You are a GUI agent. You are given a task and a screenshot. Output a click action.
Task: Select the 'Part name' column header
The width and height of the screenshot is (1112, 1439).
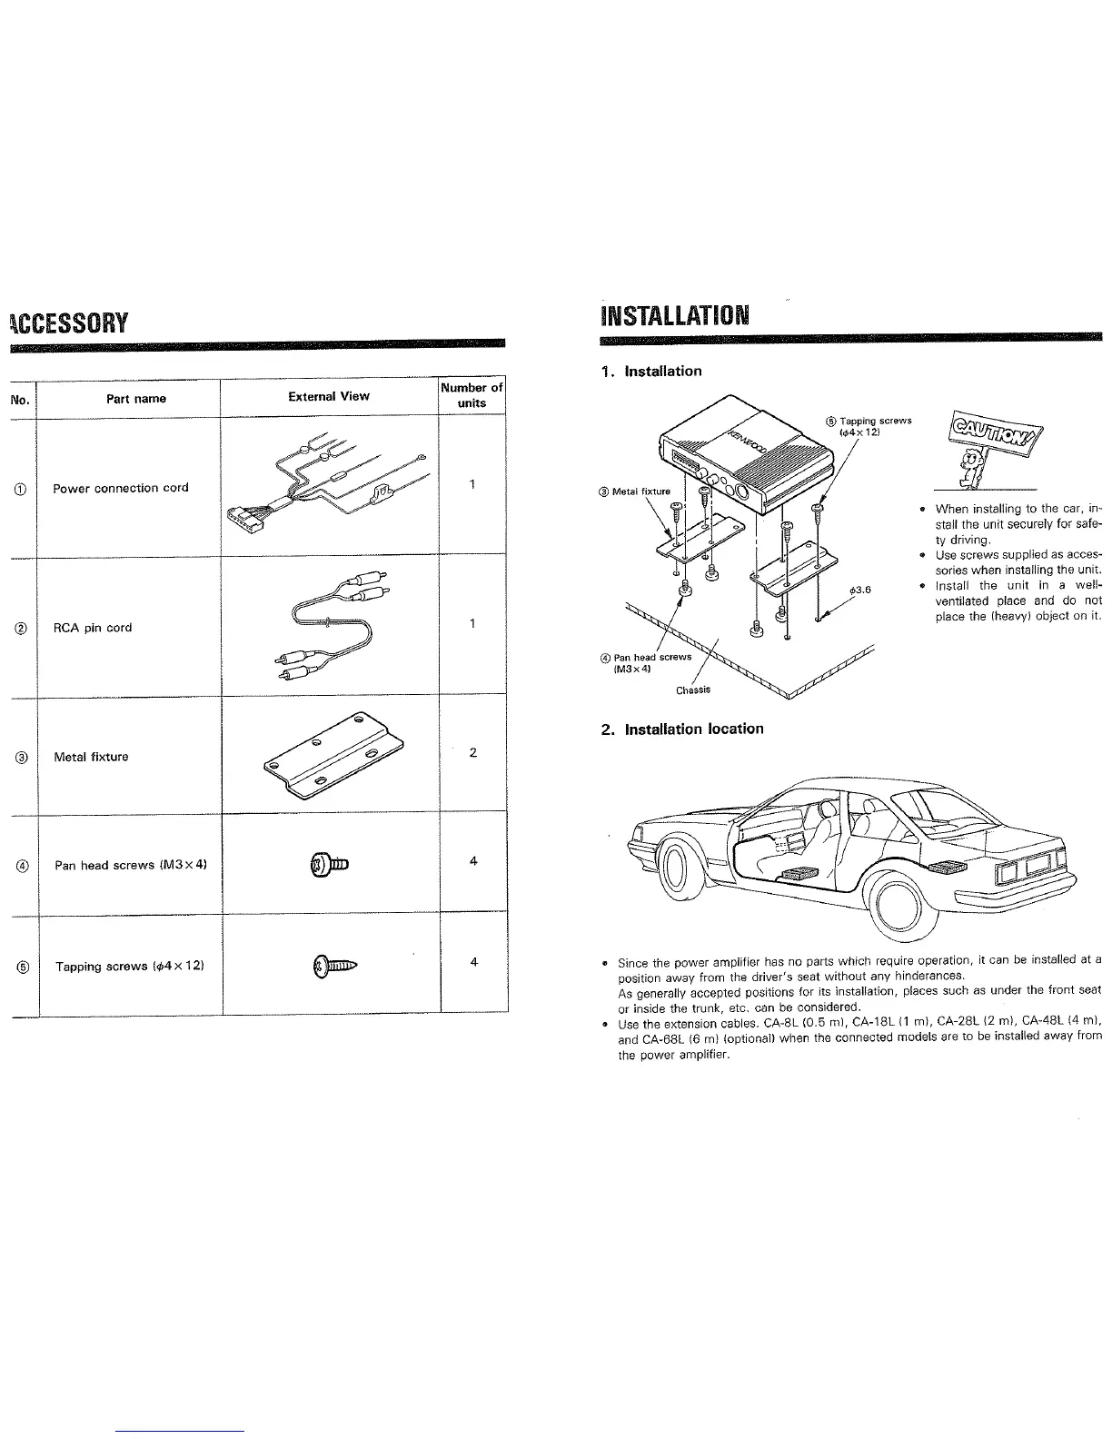135,398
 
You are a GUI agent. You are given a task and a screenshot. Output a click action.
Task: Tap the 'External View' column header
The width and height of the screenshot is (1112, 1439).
329,396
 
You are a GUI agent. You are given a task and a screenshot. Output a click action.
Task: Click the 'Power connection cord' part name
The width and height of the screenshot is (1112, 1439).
121,488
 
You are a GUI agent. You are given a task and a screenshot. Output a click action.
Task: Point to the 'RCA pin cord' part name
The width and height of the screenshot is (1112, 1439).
93,628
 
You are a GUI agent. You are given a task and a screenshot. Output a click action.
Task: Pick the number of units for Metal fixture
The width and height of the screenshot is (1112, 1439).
472,752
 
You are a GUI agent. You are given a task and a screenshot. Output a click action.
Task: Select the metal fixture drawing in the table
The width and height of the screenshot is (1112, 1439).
333,750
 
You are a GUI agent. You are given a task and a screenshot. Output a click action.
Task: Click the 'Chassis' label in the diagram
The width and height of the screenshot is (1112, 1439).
693,690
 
